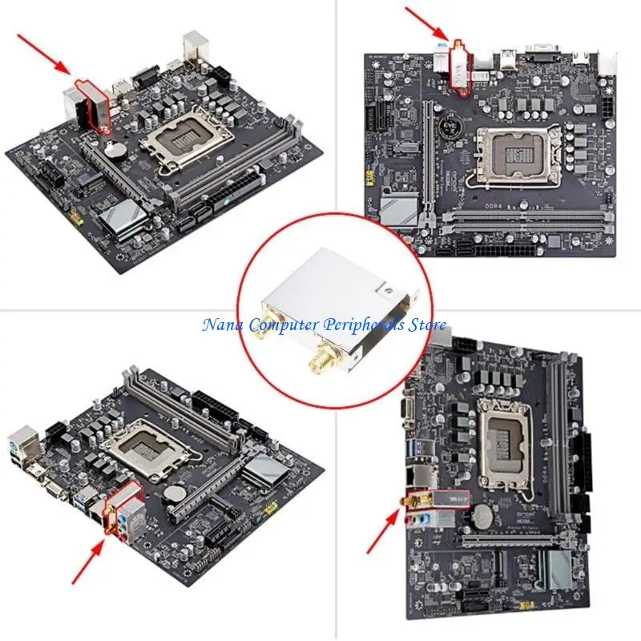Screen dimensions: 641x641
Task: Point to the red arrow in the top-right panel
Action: coord(424,23)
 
